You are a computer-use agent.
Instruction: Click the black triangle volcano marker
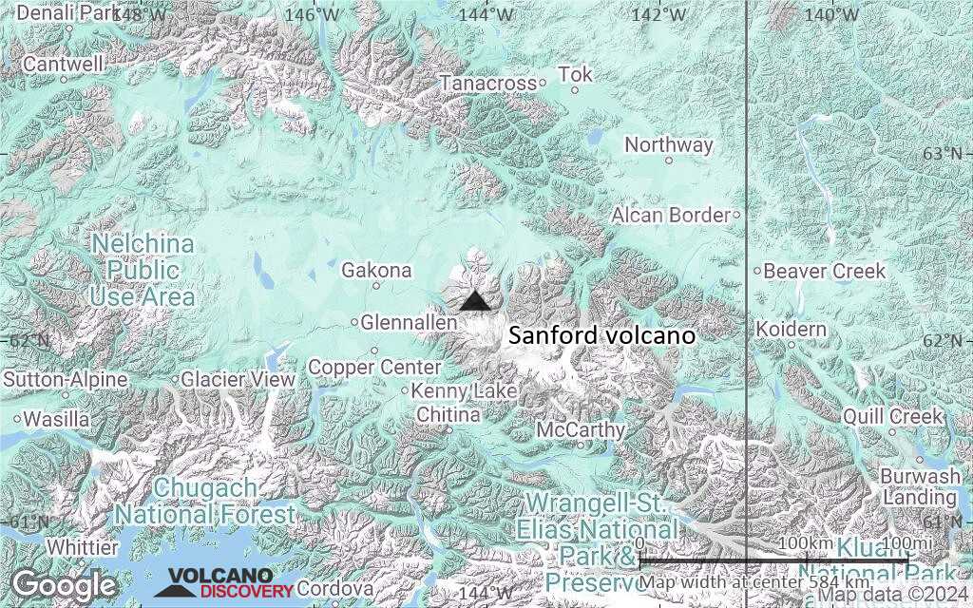[475, 301]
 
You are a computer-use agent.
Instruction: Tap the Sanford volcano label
[601, 336]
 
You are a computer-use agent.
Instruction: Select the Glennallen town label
[410, 323]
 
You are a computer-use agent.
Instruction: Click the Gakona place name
[376, 271]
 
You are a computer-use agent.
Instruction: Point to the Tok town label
[575, 74]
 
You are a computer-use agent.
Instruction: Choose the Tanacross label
[488, 84]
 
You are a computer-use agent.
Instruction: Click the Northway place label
[669, 145]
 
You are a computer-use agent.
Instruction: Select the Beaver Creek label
[825, 271]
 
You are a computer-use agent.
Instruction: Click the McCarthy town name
[581, 430]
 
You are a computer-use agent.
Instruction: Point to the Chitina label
[448, 415]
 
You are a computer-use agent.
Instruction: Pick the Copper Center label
[374, 367]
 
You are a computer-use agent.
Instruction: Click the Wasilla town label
[57, 418]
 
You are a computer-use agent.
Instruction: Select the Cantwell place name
[63, 65]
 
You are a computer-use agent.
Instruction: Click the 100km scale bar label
[806, 542]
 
